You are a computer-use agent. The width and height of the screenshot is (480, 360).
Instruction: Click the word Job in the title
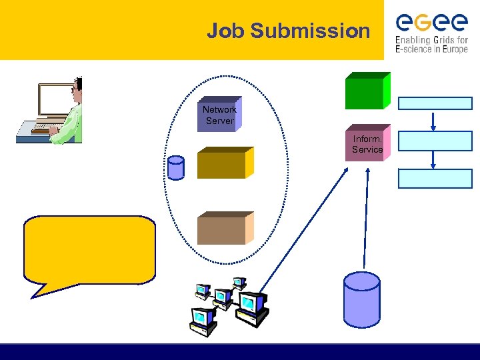point(223,31)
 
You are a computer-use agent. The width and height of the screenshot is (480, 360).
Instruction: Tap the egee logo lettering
point(431,23)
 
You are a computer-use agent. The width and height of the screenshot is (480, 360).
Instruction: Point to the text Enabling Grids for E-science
point(431,45)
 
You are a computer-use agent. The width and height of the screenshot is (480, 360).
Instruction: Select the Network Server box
point(219,115)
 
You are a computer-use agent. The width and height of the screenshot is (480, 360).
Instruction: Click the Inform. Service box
point(367,144)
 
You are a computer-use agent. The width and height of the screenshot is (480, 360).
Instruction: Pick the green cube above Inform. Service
point(366,91)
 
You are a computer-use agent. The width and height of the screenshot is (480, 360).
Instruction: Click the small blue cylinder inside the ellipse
point(176,168)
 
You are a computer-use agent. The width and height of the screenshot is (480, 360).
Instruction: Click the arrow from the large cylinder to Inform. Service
point(365,220)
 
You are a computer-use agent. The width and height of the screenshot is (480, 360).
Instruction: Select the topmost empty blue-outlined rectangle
point(435,103)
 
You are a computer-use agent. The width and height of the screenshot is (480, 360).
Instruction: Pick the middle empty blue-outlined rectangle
point(435,140)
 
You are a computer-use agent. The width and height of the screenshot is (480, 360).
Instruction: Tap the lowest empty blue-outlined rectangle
point(435,178)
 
